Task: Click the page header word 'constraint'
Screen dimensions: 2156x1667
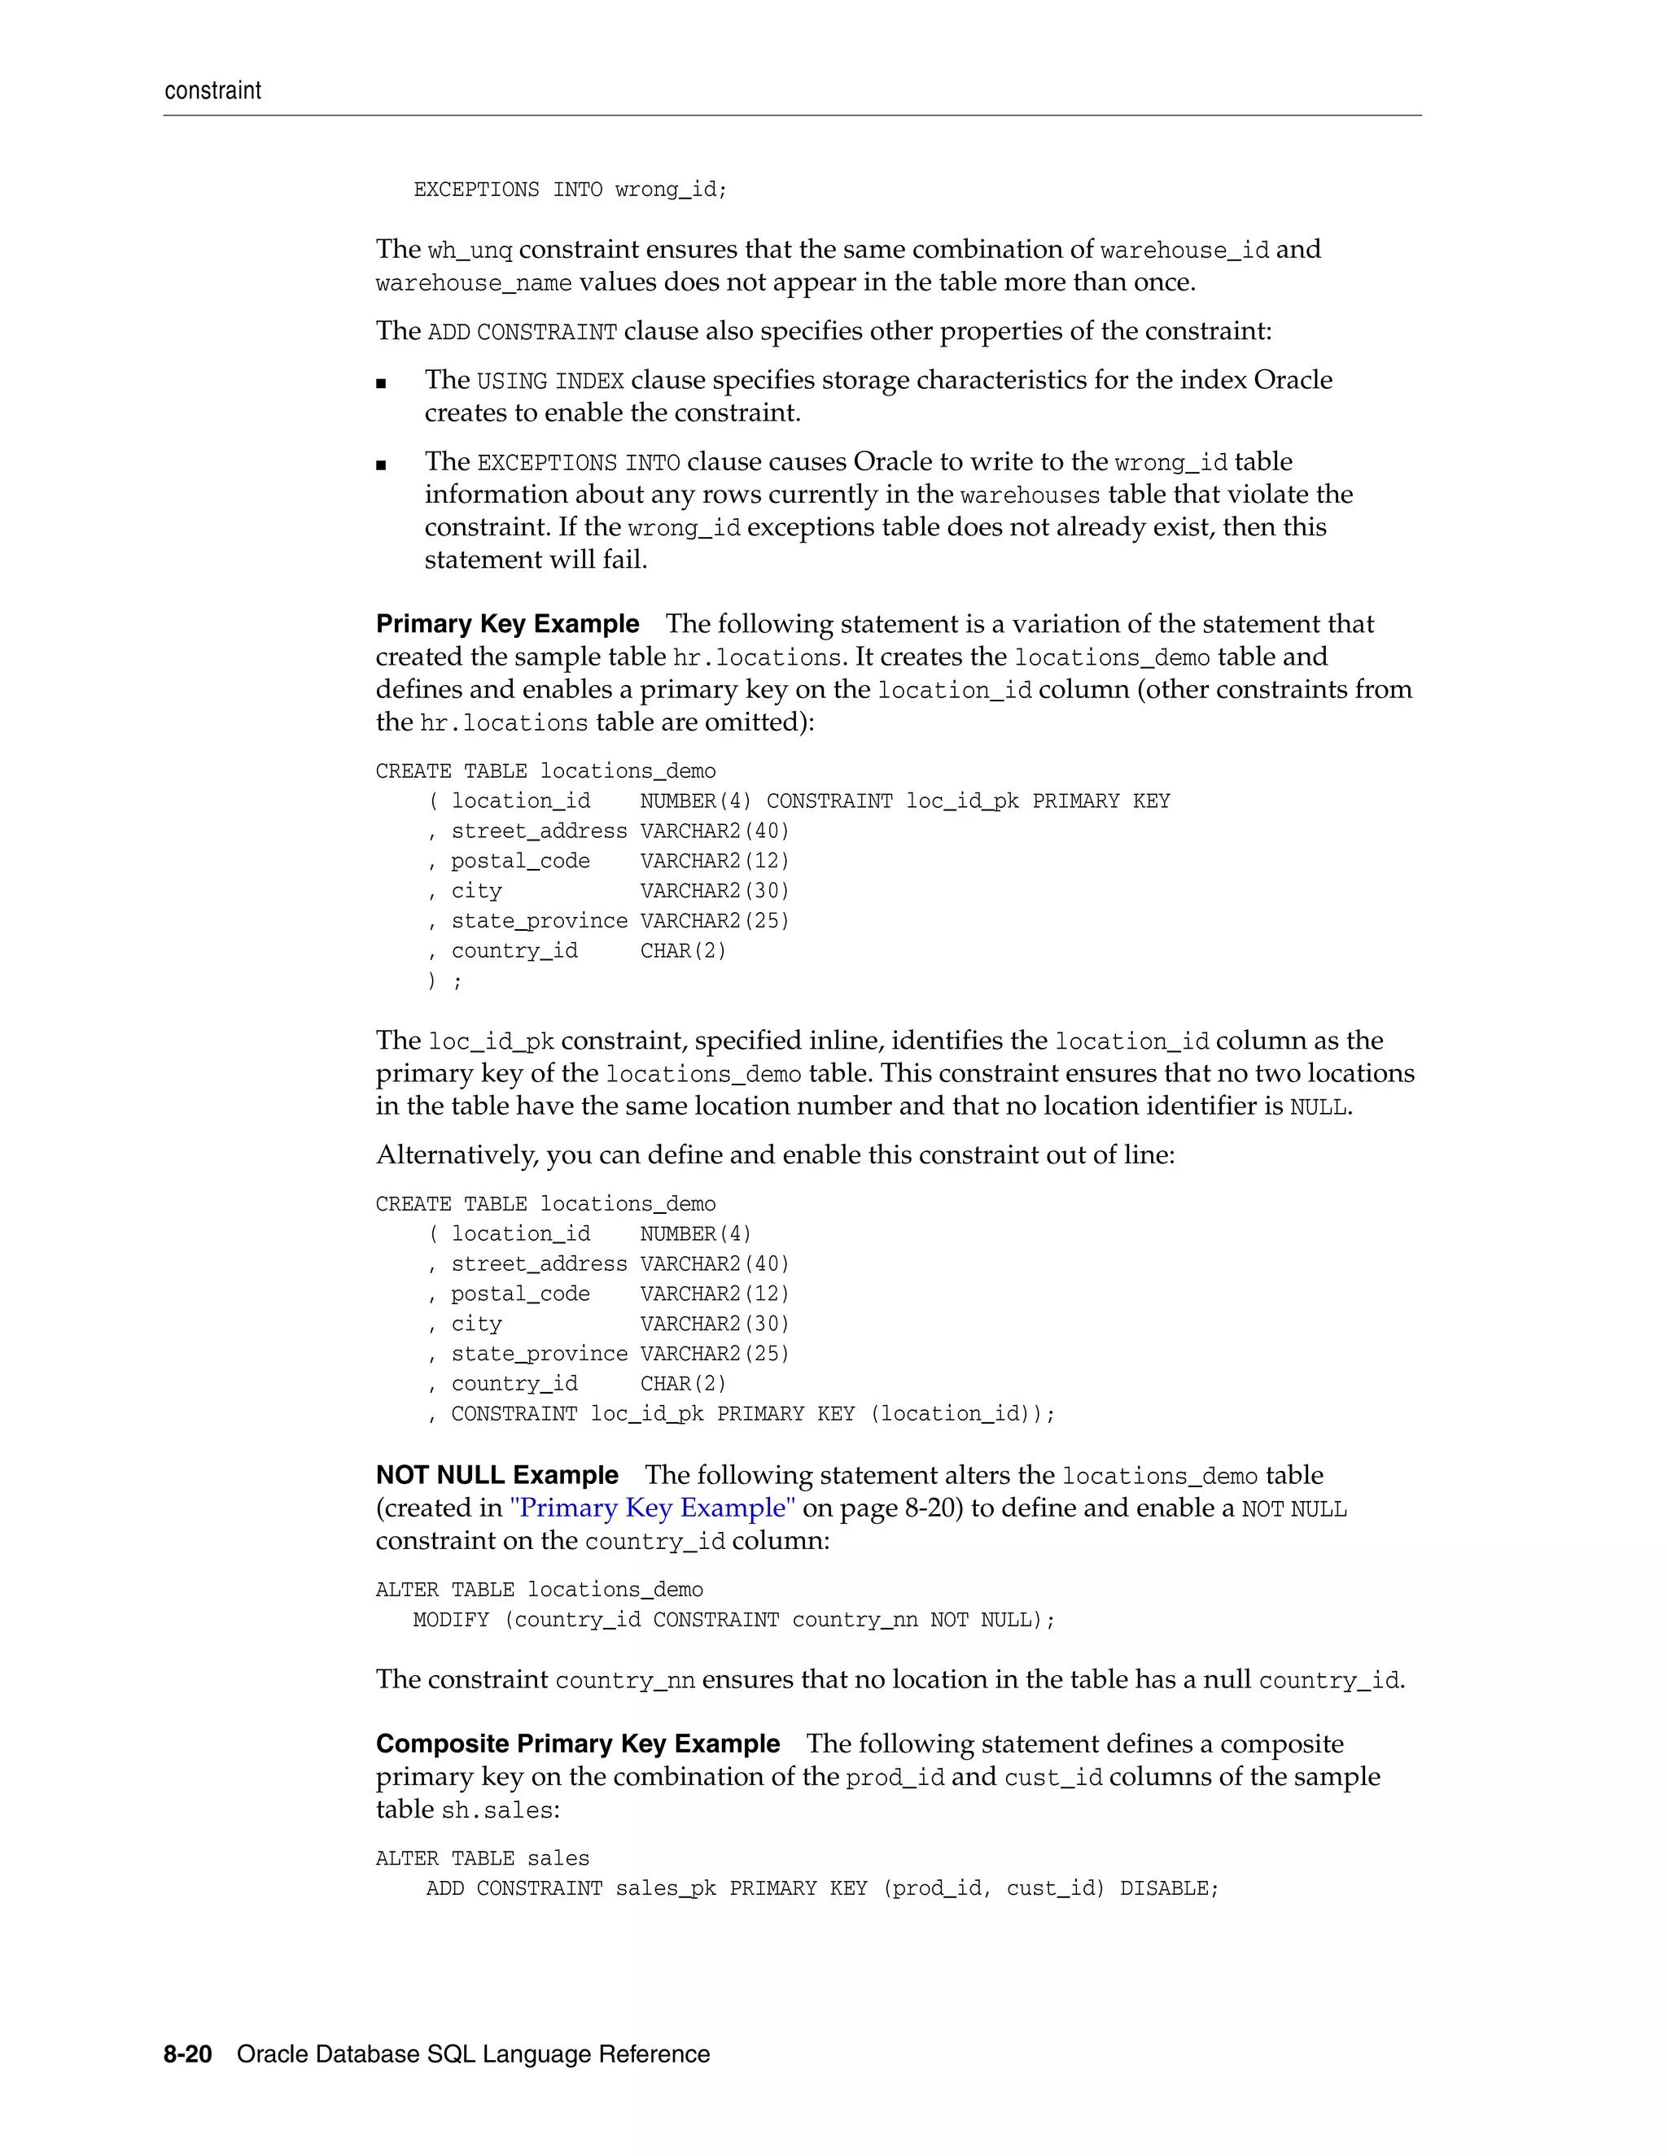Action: [212, 91]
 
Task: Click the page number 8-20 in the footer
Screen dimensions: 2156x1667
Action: [188, 2054]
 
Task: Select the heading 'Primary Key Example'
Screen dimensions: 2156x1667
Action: [508, 624]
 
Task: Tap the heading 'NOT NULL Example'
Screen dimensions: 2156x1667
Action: [497, 1475]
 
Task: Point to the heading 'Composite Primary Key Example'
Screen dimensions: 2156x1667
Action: [578, 1744]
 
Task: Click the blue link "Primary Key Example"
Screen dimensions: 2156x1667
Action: [653, 1508]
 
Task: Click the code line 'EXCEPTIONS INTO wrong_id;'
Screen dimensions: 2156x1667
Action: [570, 190]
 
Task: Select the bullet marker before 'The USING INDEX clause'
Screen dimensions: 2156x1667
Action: [381, 384]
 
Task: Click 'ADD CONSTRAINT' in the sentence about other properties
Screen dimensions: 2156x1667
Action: [522, 333]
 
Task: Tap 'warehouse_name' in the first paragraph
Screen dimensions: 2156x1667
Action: [473, 283]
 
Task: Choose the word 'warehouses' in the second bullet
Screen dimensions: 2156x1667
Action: [1029, 495]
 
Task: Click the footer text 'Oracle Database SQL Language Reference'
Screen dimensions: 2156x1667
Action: [473, 2054]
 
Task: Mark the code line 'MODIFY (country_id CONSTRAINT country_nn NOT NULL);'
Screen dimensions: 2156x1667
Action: [733, 1620]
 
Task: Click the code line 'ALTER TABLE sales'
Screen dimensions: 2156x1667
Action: [482, 1858]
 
